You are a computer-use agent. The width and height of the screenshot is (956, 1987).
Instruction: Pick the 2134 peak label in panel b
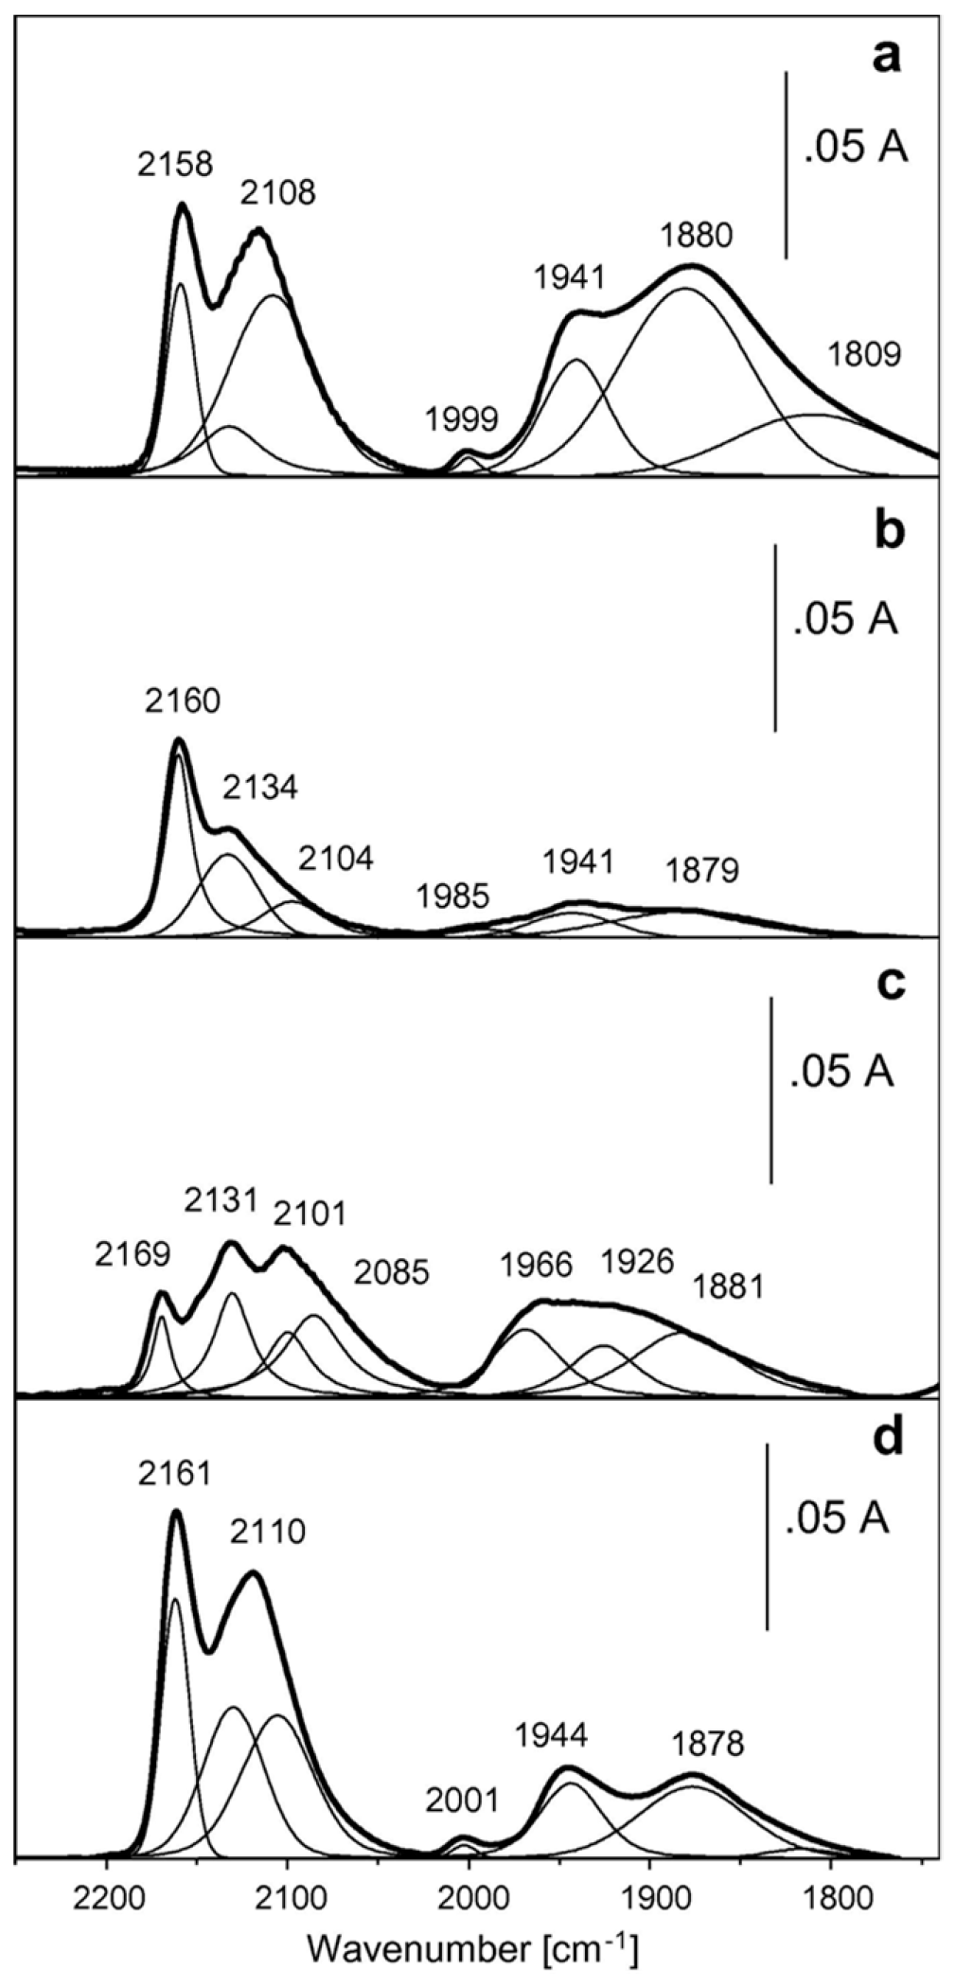(260, 787)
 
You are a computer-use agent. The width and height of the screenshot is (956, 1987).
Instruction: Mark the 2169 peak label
(133, 1255)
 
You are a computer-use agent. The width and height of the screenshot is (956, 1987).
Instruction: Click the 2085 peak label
(392, 1273)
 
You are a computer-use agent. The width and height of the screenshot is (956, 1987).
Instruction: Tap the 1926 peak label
(636, 1261)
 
